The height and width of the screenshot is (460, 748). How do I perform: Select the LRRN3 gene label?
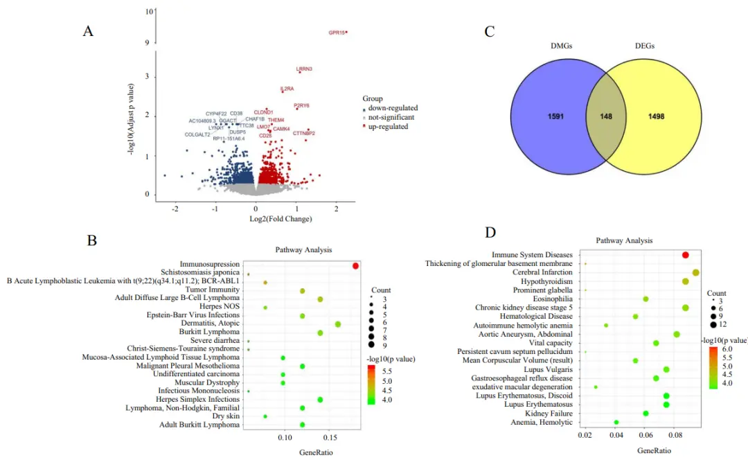click(304, 69)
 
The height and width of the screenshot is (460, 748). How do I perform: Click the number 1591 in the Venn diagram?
click(555, 116)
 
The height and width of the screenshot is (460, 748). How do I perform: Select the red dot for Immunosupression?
click(355, 266)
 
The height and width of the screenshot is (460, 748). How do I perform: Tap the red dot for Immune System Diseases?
click(685, 256)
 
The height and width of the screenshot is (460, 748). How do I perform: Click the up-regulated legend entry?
click(388, 127)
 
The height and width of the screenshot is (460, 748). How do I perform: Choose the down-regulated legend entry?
click(392, 108)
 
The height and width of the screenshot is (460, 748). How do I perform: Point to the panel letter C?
click(490, 32)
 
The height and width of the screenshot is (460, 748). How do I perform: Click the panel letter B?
click(92, 240)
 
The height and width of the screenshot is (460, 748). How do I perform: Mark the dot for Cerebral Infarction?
click(695, 273)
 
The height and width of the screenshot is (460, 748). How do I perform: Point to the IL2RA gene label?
click(287, 89)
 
